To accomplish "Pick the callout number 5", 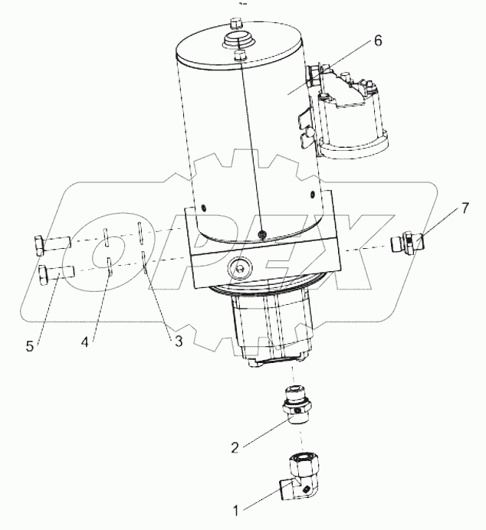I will coord(30,346).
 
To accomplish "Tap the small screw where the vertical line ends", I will coord(262,234).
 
